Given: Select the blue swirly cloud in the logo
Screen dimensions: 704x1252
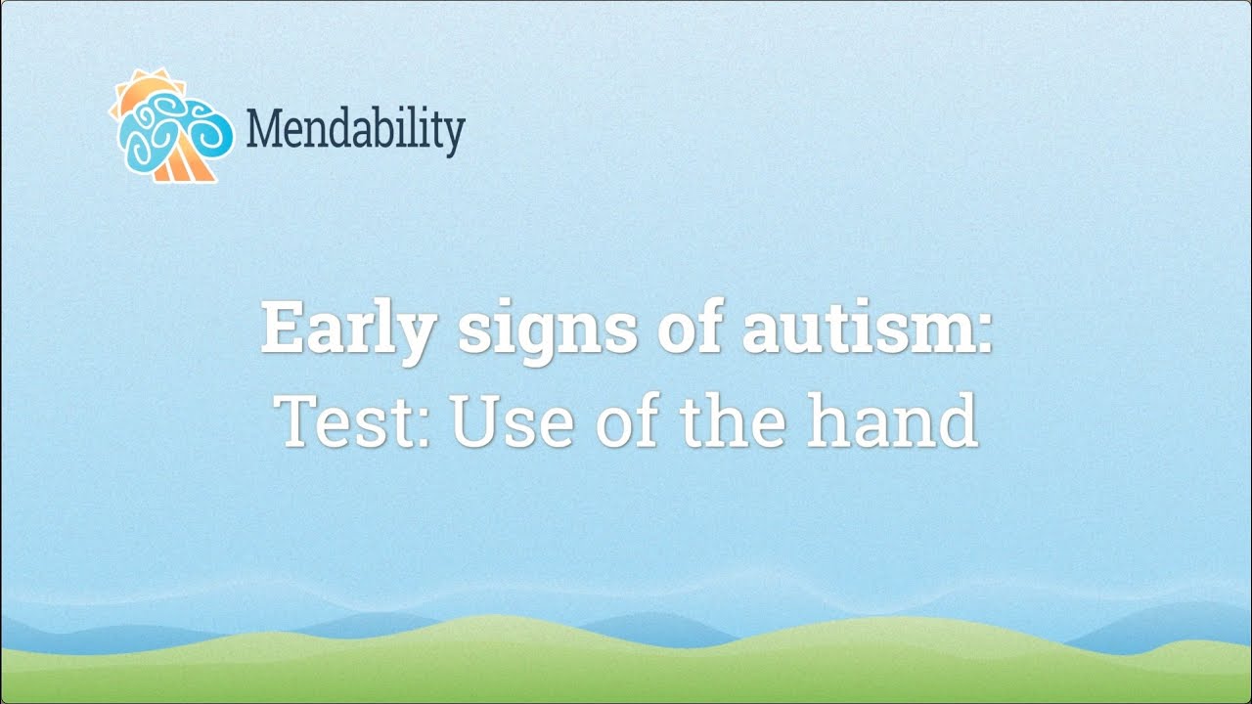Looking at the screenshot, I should [x=166, y=132].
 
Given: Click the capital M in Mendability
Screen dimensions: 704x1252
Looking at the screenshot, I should [x=265, y=128].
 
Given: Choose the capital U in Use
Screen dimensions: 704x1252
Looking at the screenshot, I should [x=471, y=420].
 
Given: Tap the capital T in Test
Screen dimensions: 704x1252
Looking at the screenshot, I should [x=298, y=420].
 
